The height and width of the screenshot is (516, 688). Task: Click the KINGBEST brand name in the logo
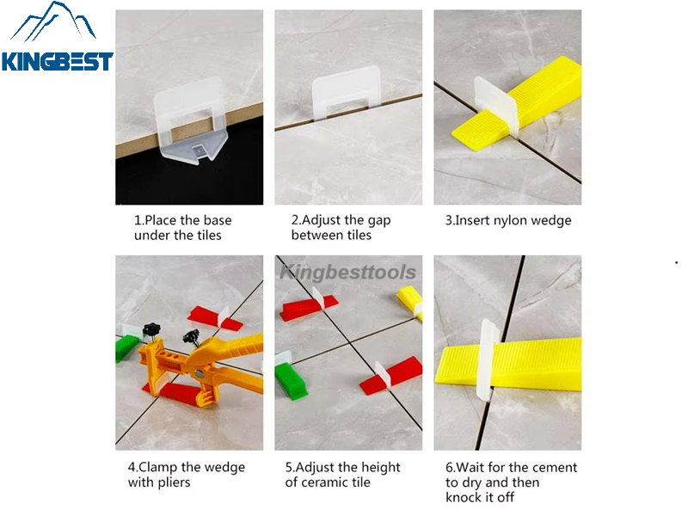point(57,62)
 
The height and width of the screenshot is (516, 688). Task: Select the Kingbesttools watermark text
point(347,273)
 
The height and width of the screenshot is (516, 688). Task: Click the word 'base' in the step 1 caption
point(215,220)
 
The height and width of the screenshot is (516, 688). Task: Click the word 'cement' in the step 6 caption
point(556,467)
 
